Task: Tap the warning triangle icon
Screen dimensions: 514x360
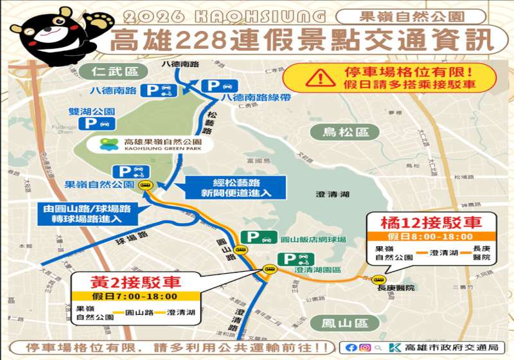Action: tap(319, 77)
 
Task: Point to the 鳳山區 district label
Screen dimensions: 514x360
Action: tap(339, 323)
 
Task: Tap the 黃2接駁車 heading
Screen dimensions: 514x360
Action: tap(136, 282)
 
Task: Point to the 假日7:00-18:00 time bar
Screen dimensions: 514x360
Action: tap(136, 296)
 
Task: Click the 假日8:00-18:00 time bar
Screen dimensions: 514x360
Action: tap(431, 237)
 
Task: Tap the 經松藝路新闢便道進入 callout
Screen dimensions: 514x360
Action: tap(227, 186)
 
